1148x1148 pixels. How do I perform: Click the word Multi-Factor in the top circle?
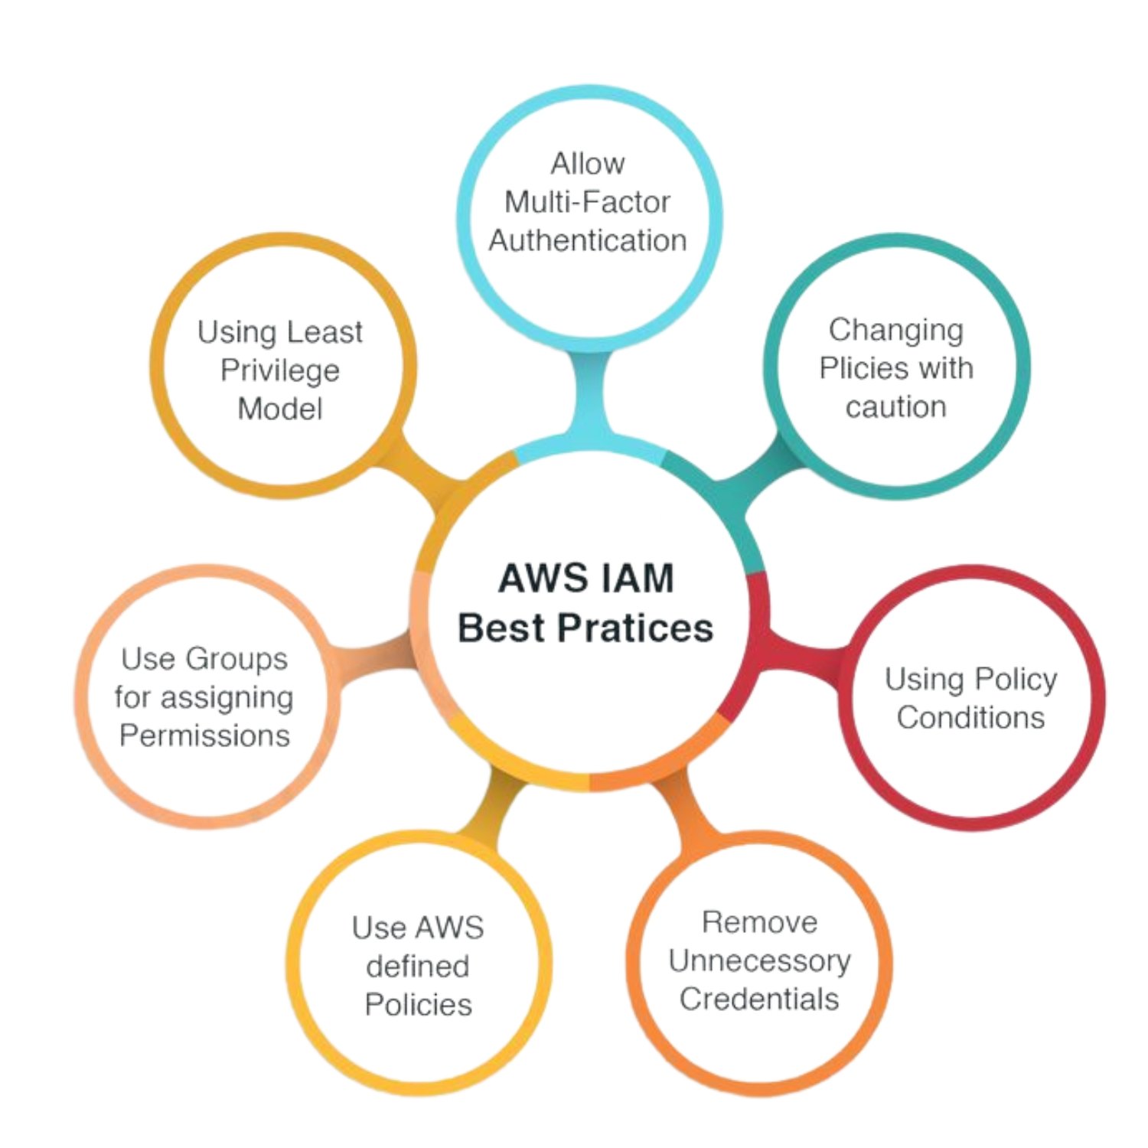coord(587,202)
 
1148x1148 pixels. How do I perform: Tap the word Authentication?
coord(588,240)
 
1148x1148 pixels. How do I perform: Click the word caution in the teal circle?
coord(895,406)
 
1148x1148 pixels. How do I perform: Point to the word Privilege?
coord(280,370)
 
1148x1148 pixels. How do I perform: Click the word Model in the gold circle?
coord(280,409)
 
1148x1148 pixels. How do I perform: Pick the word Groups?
coord(236,659)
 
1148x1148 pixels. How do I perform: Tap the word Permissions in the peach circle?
coord(205,735)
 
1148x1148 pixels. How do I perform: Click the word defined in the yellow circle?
coord(418,966)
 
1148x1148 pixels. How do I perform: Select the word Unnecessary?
coord(759,960)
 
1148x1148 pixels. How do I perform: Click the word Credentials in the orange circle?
coord(759,999)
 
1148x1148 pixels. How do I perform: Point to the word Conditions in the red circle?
coord(970,717)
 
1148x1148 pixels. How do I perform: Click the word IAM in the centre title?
coord(637,579)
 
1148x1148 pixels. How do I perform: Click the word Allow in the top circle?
coord(588,164)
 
